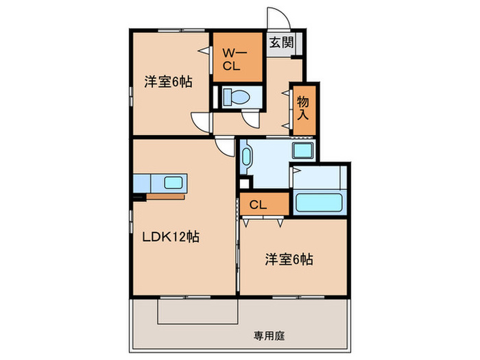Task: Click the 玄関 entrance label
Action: pyautogui.click(x=281, y=43)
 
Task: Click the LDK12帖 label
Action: pyautogui.click(x=171, y=237)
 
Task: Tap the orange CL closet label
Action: pyautogui.click(x=258, y=204)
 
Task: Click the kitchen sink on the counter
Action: pyautogui.click(x=172, y=183)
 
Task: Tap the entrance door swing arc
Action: pyautogui.click(x=278, y=19)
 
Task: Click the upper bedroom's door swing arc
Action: pyautogui.click(x=201, y=122)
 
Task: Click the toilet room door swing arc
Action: pyautogui.click(x=251, y=120)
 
